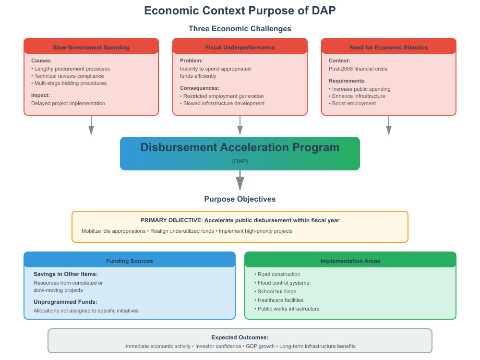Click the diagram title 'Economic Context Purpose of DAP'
(x=240, y=11)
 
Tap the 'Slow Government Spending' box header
(x=91, y=48)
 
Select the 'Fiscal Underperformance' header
(x=240, y=48)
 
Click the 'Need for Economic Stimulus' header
(x=389, y=48)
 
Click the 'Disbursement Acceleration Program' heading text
(x=240, y=148)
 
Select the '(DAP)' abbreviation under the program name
(x=240, y=161)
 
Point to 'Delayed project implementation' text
(x=68, y=103)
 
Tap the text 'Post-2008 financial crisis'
(x=358, y=69)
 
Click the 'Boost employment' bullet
(x=354, y=103)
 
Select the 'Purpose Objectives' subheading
(x=240, y=199)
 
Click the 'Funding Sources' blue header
(x=130, y=261)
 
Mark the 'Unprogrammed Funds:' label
(x=65, y=302)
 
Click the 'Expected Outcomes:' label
(x=240, y=337)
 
